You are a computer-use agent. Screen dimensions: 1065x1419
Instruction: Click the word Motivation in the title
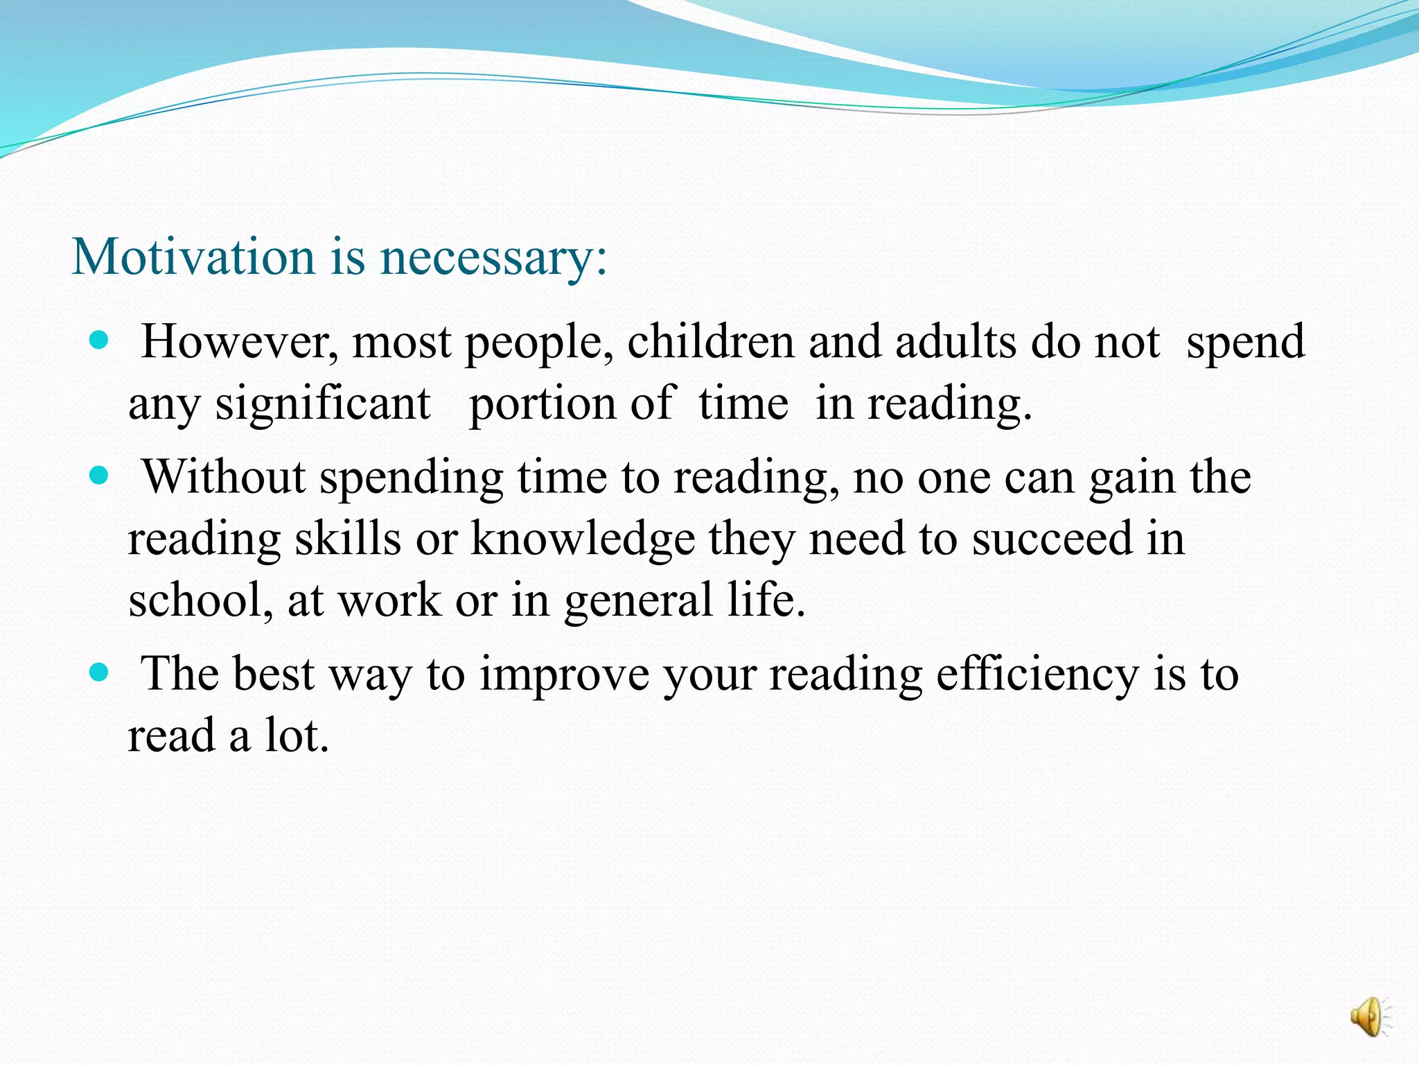pos(193,257)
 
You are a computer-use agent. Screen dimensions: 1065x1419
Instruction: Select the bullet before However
pos(100,340)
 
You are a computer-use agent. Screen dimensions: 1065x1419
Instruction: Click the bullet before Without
pos(100,476)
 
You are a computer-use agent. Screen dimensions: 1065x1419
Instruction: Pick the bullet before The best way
pos(100,673)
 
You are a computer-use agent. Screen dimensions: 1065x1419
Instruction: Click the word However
pos(240,342)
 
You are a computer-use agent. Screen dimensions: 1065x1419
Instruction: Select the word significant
pos(323,404)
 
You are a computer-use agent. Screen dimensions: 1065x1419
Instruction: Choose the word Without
pos(224,478)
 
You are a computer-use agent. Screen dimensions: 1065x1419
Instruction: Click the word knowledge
pos(583,539)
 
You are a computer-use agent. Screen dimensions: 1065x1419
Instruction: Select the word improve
pos(564,674)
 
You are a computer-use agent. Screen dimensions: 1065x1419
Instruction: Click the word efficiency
pos(1037,674)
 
